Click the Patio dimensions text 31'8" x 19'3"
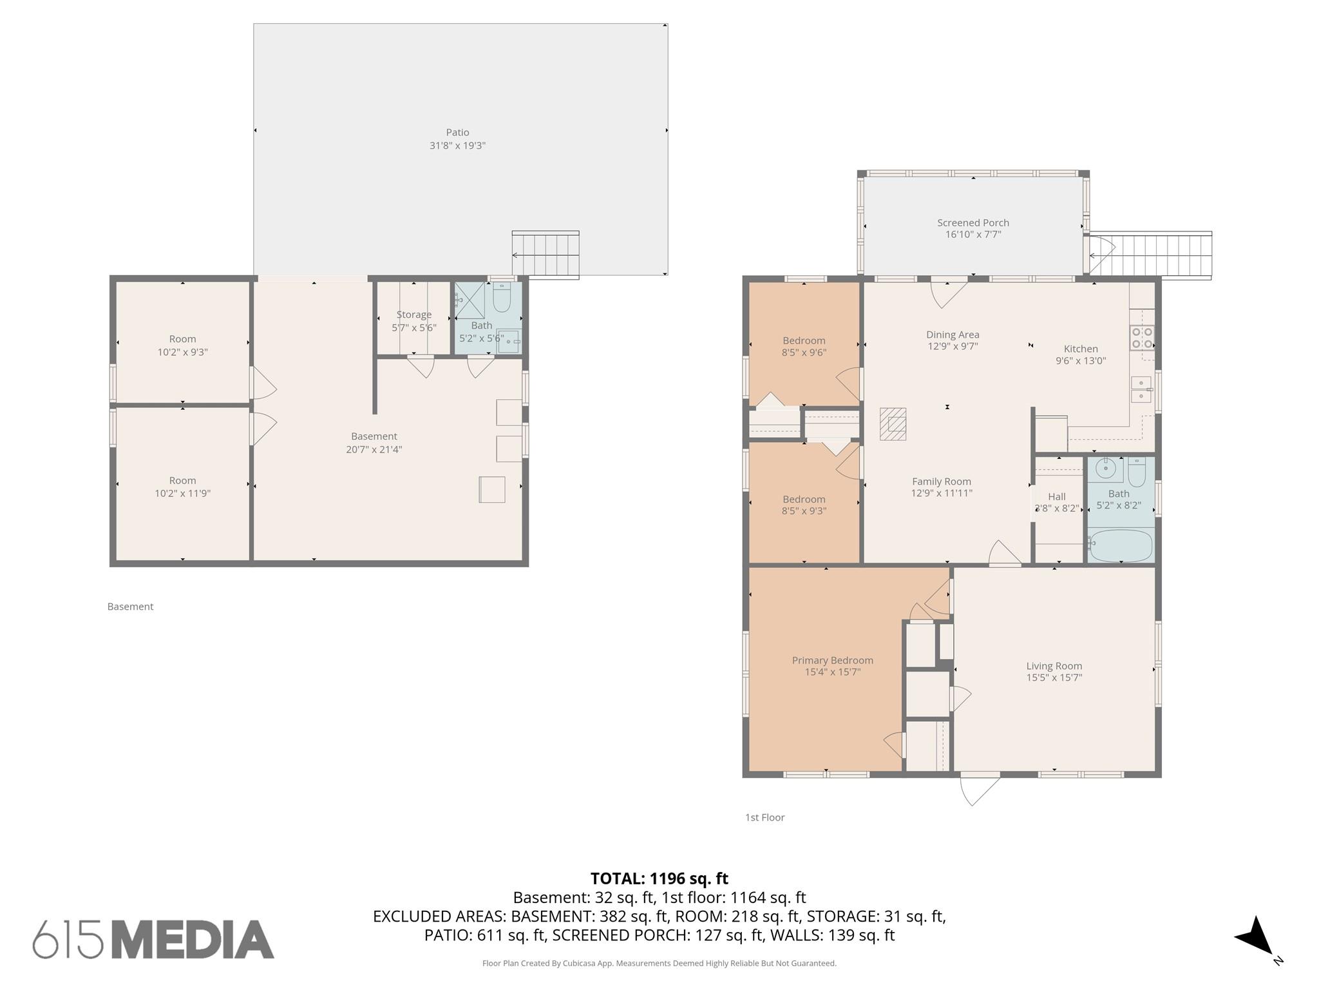pyautogui.click(x=457, y=146)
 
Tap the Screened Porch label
pyautogui.click(x=973, y=222)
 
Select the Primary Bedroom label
pyautogui.click(x=832, y=660)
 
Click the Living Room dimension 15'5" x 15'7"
pyautogui.click(x=1054, y=677)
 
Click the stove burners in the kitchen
pyautogui.click(x=1142, y=338)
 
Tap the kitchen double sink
pyautogui.click(x=1141, y=389)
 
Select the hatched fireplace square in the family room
pyautogui.click(x=893, y=424)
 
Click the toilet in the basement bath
pyautogui.click(x=502, y=299)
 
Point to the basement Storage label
pyautogui.click(x=413, y=315)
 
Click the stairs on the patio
pyautogui.click(x=546, y=255)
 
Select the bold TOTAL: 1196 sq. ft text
pyautogui.click(x=659, y=878)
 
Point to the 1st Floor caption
pyautogui.click(x=764, y=817)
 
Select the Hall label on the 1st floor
pyautogui.click(x=1056, y=496)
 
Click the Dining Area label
pyautogui.click(x=952, y=335)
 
